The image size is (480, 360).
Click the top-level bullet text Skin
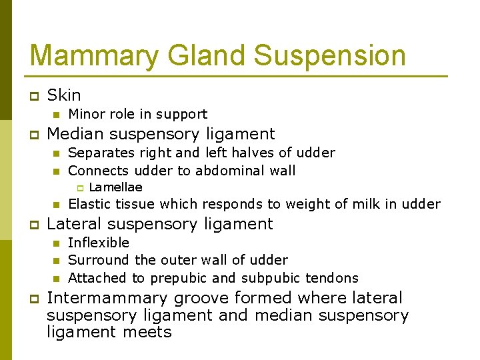coord(64,95)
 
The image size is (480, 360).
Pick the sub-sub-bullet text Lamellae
coord(115,187)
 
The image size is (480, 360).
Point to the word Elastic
coord(88,204)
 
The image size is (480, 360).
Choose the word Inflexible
coord(99,243)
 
